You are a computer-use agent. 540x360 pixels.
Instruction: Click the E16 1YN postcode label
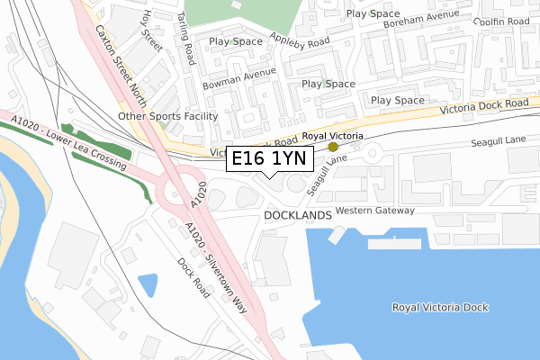pos(269,159)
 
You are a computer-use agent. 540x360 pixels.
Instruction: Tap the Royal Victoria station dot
pos(333,146)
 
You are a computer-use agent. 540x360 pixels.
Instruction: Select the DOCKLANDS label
pos(299,217)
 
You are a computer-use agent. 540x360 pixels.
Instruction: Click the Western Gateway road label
pos(374,211)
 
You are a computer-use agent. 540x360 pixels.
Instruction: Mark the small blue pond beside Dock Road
pos(147,284)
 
